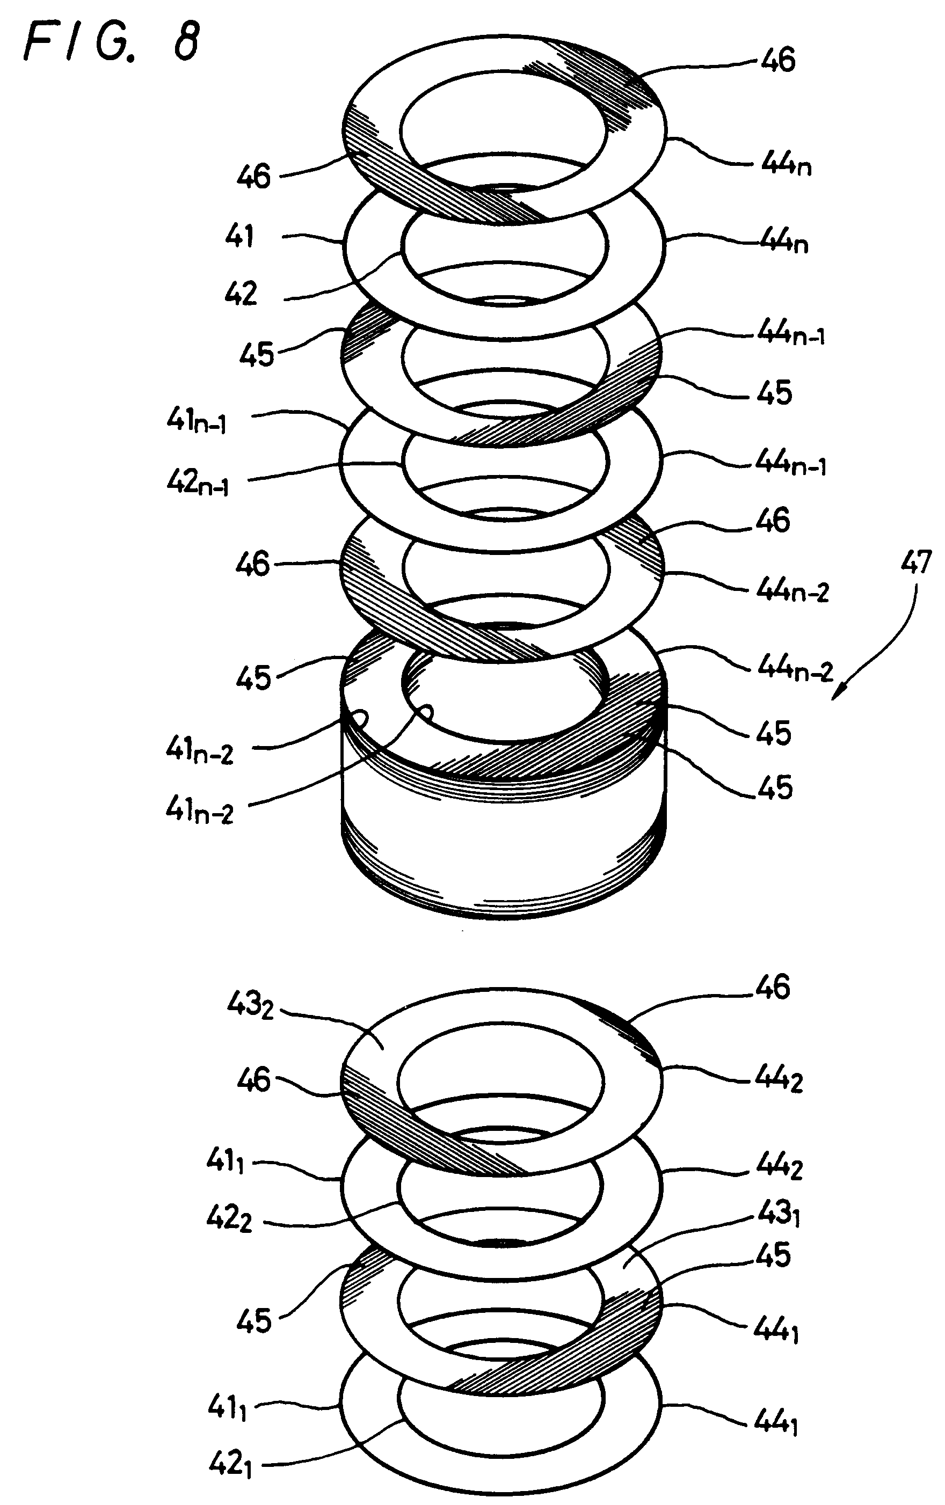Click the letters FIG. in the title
[81, 43]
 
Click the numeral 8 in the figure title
[186, 43]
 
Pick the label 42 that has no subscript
[241, 294]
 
